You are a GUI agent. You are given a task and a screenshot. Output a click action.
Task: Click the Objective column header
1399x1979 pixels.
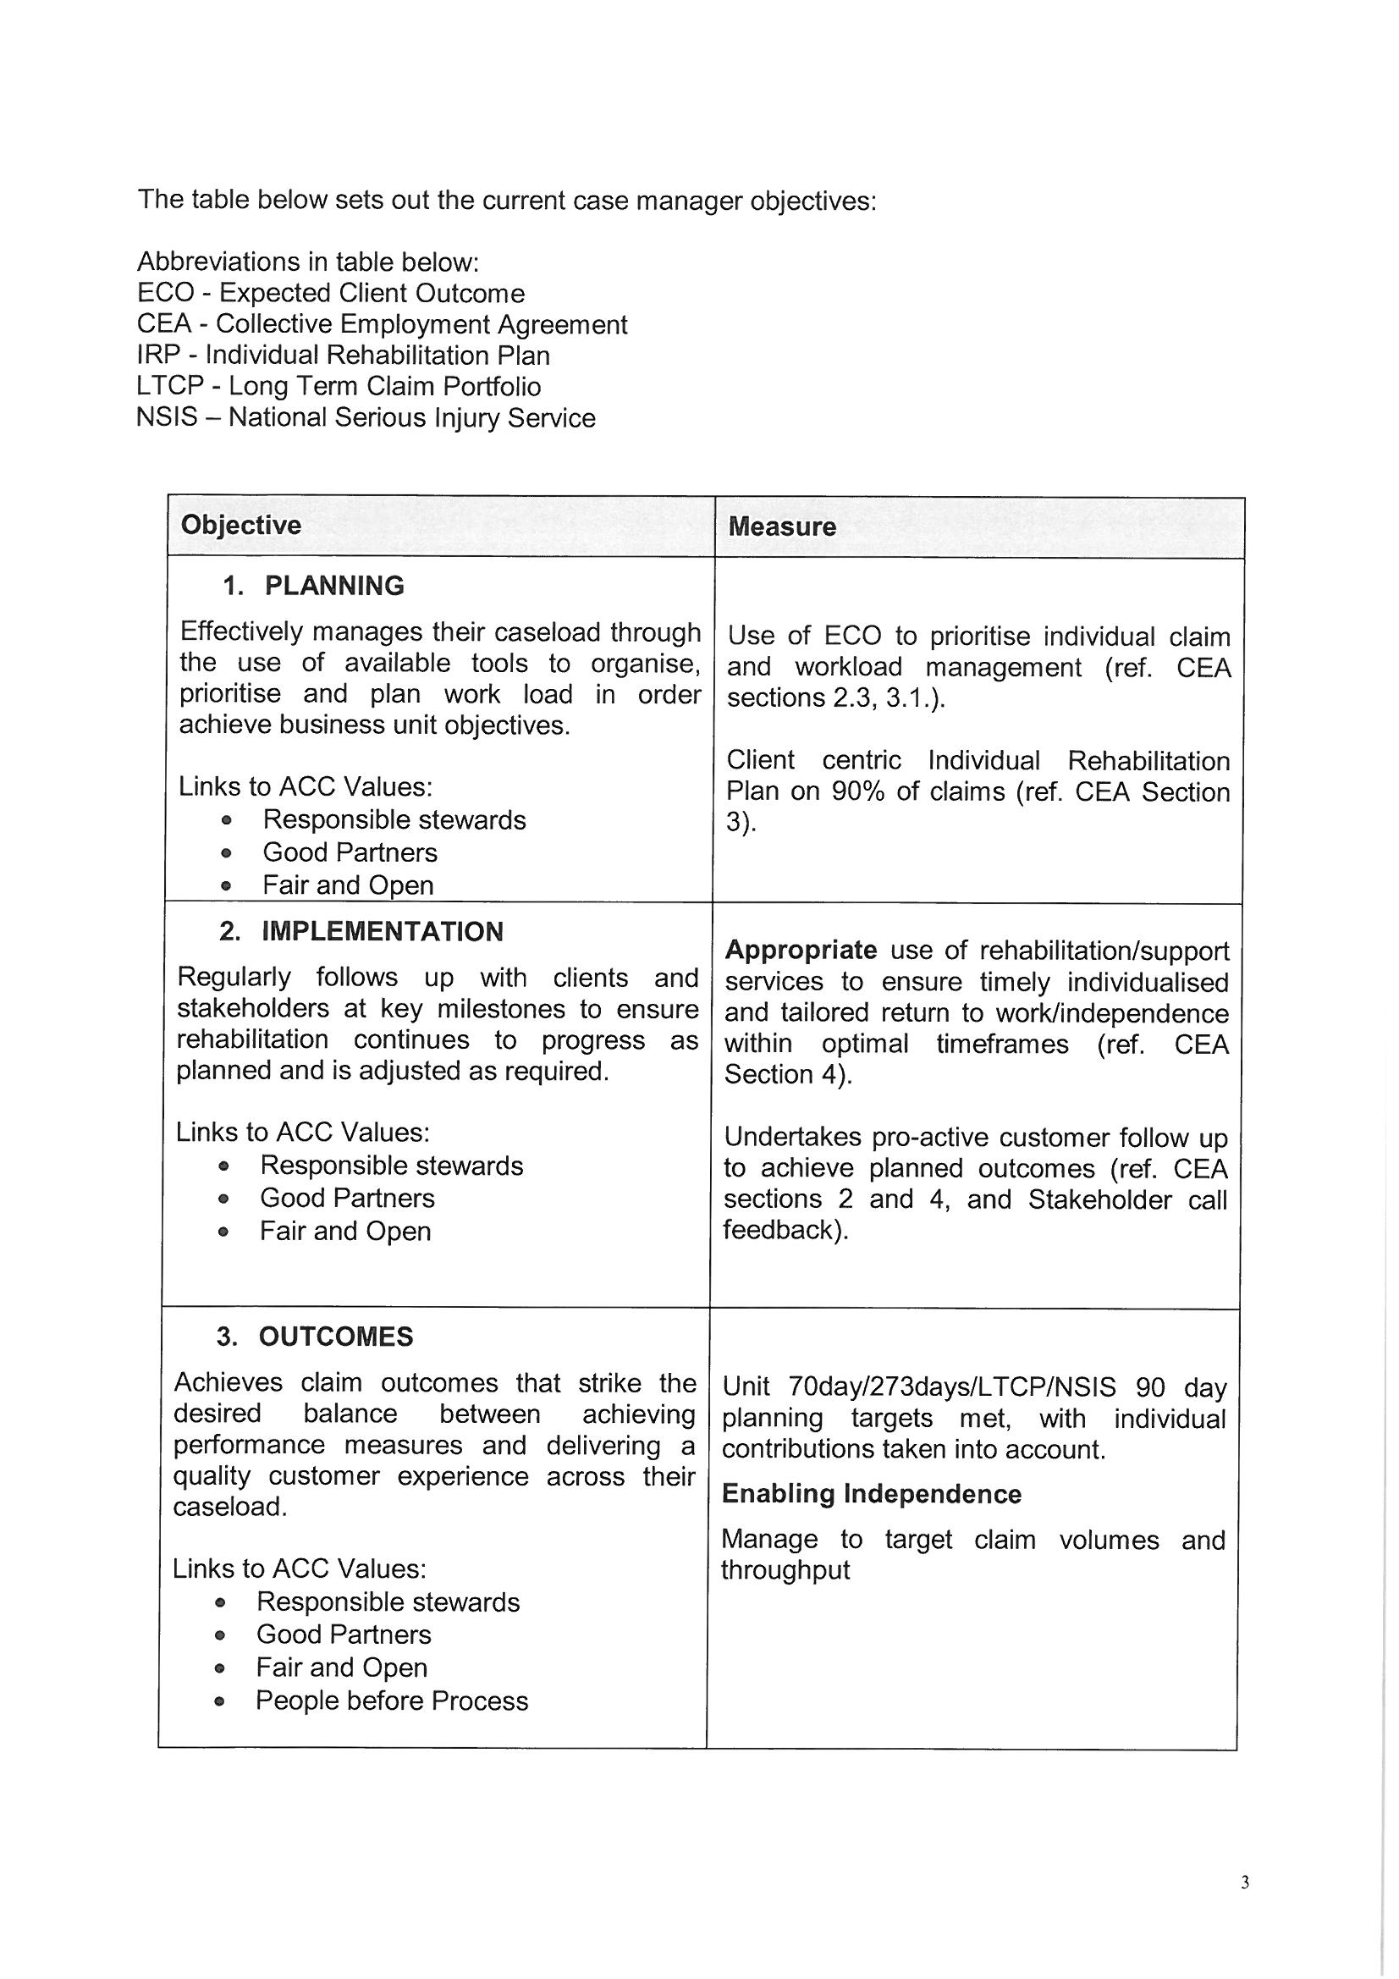[240, 525]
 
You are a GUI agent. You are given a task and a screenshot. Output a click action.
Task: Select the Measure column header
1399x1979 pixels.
[782, 526]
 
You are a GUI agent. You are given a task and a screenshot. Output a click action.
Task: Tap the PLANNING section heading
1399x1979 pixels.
[333, 586]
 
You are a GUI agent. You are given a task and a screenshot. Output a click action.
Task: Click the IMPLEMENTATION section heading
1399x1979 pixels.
[382, 932]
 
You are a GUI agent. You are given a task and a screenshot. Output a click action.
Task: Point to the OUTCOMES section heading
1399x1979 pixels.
[335, 1337]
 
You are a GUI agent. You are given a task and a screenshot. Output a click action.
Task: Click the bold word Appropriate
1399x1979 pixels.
[801, 950]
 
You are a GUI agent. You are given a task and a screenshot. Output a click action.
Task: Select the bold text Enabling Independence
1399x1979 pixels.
[872, 1494]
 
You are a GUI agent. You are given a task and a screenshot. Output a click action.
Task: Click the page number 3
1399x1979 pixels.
[1244, 1883]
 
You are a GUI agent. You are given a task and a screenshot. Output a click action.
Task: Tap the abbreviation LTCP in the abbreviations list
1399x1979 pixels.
[171, 386]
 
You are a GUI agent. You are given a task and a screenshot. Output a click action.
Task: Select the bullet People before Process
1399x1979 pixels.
[391, 1701]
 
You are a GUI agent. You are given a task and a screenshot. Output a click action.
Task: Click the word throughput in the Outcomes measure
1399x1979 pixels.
[785, 1570]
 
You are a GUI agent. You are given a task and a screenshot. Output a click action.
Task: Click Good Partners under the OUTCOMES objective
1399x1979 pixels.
[343, 1634]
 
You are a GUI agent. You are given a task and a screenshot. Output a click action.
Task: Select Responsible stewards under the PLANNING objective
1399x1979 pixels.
[394, 819]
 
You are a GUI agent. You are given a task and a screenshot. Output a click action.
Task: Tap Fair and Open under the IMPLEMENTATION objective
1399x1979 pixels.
[344, 1231]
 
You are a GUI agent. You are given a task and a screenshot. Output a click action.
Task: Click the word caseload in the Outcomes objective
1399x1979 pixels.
[228, 1507]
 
